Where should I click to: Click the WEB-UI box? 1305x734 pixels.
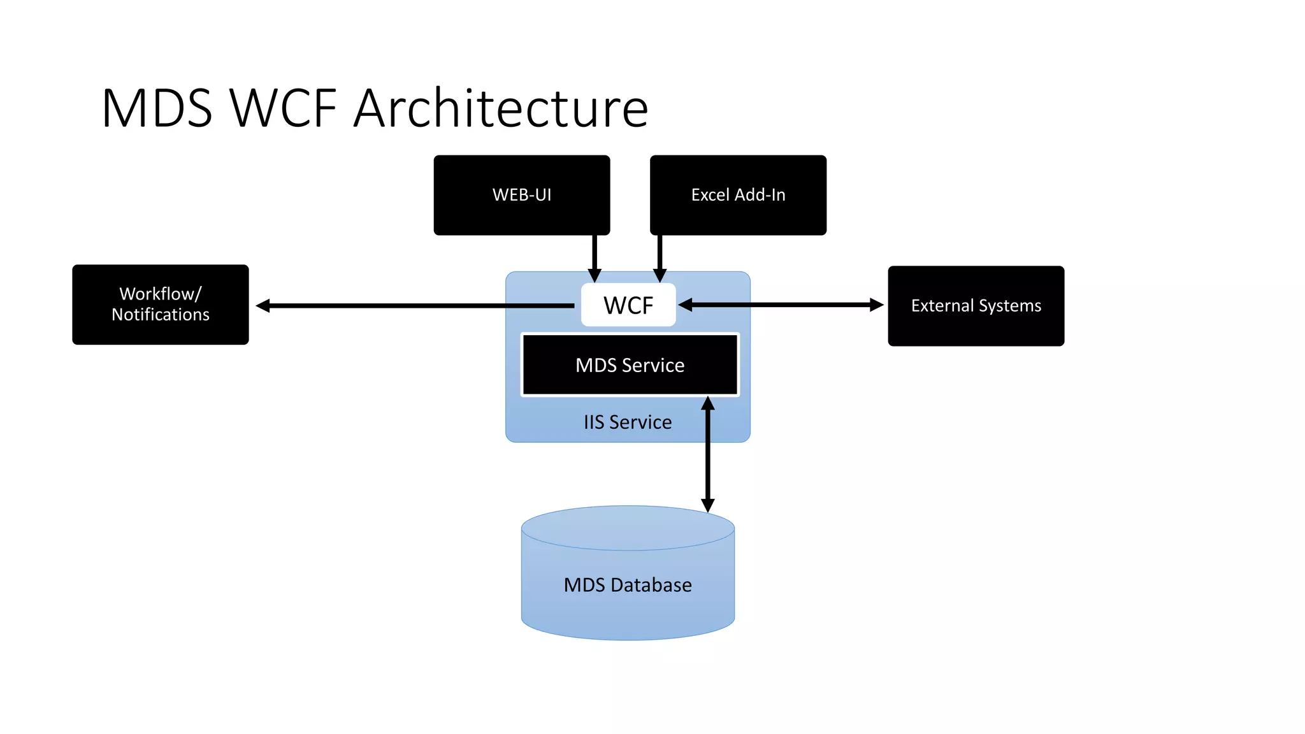[x=521, y=195]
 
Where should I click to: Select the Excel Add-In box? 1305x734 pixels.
[x=738, y=195]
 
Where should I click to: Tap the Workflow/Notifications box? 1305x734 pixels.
[x=160, y=305]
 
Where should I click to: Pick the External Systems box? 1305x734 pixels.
[x=976, y=306]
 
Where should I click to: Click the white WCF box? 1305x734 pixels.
[x=628, y=306]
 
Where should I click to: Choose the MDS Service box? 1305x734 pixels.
[x=630, y=365]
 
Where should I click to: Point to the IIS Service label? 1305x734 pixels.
[x=628, y=422]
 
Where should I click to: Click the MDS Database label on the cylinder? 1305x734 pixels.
[x=628, y=585]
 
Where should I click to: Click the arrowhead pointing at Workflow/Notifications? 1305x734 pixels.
[x=263, y=306]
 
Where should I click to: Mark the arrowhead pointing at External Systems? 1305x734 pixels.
[x=877, y=305]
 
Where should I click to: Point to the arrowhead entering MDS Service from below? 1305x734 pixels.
[x=707, y=403]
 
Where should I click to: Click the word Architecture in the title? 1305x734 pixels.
[x=501, y=108]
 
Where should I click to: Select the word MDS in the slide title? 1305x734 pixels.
[x=157, y=108]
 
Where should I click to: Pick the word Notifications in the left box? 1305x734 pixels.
[x=160, y=315]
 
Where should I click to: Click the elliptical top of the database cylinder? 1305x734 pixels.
[x=628, y=528]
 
